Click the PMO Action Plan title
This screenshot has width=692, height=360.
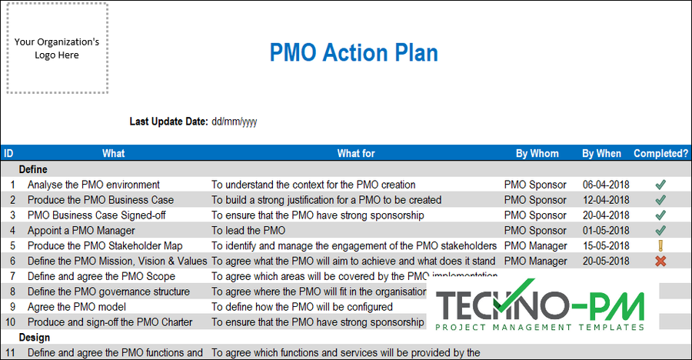(x=354, y=53)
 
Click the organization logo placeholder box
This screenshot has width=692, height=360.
(x=58, y=48)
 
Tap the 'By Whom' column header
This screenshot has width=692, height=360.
(x=537, y=153)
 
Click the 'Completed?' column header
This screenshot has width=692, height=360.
(x=660, y=153)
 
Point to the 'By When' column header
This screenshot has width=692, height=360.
(x=601, y=153)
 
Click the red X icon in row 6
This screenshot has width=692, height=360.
(x=660, y=262)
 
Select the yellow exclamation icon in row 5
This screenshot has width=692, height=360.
(x=660, y=246)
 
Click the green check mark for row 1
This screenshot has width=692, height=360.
(x=660, y=185)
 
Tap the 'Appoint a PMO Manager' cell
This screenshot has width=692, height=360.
(x=82, y=231)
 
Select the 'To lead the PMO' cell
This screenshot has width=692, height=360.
(x=248, y=231)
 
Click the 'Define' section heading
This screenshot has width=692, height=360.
(x=33, y=169)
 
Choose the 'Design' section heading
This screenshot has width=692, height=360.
(x=34, y=338)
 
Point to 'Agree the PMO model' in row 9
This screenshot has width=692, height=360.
(x=76, y=307)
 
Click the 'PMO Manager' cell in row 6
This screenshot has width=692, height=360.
(x=535, y=262)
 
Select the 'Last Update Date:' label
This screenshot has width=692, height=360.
(x=168, y=122)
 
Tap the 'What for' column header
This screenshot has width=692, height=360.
(x=356, y=153)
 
